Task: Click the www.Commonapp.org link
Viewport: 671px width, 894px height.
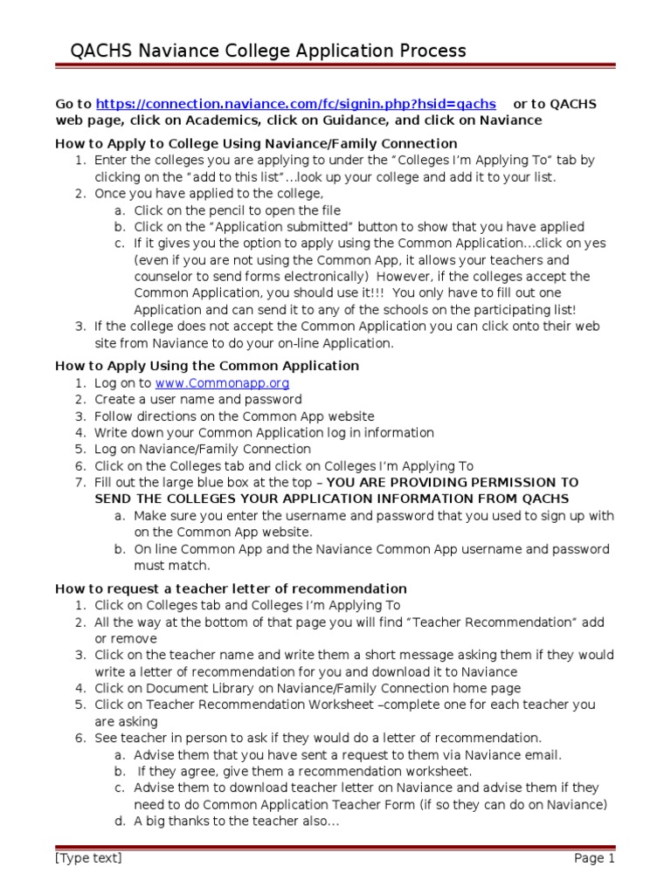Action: coord(222,383)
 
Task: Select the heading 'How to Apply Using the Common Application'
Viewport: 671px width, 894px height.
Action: coord(207,366)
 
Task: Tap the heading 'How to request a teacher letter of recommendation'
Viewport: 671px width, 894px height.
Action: coord(231,588)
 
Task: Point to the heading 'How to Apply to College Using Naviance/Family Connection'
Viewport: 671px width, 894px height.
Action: coord(256,143)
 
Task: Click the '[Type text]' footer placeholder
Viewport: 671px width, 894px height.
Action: coord(88,858)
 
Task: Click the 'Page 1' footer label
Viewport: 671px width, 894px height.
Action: coord(594,858)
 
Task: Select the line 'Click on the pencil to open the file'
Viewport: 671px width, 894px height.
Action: coord(237,210)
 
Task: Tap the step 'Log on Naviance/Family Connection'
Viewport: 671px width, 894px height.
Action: coord(203,450)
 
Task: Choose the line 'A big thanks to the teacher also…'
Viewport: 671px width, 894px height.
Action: coord(236,822)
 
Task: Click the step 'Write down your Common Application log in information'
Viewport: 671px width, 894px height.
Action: coord(264,433)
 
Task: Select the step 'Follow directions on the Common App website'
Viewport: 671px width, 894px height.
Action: coord(234,416)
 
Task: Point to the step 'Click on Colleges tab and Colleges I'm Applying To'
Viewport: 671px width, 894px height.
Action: coord(247,605)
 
